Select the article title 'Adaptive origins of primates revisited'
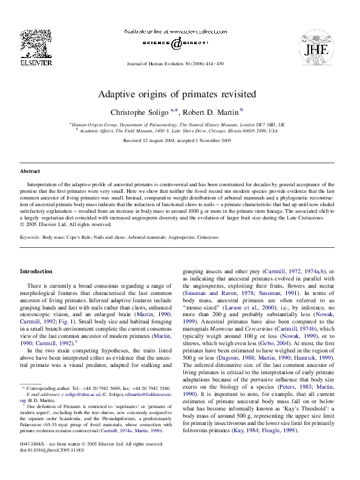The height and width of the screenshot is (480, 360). point(177,94)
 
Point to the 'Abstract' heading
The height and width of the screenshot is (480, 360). point(30,171)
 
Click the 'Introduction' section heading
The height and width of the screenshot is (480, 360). point(36,271)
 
